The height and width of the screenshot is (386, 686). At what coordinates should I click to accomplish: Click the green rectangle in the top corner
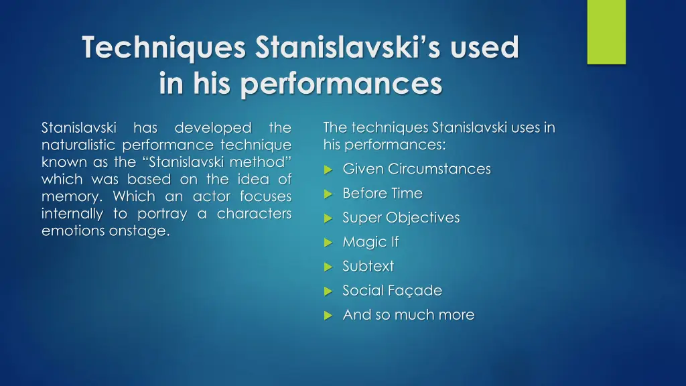[606, 31]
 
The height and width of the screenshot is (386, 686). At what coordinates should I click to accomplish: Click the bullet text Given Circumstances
[416, 169]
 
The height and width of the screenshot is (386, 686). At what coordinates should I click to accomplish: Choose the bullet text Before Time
[382, 193]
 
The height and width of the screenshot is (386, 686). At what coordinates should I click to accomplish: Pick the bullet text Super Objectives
[401, 218]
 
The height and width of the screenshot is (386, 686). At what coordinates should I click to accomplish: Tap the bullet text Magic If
[370, 242]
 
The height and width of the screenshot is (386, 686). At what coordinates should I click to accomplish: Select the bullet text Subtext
[368, 266]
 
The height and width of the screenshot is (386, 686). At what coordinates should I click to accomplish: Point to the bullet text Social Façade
[392, 290]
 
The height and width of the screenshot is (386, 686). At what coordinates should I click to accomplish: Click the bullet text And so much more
[408, 314]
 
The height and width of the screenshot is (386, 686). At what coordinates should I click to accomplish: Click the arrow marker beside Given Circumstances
[328, 170]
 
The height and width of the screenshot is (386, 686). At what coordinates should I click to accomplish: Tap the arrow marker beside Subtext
[328, 267]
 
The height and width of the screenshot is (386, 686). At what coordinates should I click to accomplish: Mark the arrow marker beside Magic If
[328, 243]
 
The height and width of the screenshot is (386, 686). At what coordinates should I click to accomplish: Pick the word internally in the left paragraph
[72, 214]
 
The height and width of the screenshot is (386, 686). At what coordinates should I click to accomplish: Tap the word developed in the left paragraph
[213, 127]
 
